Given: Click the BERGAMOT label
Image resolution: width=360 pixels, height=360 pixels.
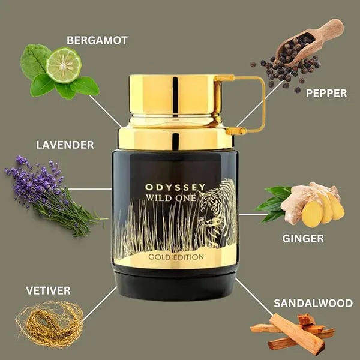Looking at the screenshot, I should pyautogui.click(x=97, y=41).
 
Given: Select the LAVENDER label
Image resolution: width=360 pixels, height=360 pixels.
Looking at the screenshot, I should pyautogui.click(x=65, y=145).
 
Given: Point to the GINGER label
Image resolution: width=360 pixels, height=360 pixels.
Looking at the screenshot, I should pyautogui.click(x=303, y=238).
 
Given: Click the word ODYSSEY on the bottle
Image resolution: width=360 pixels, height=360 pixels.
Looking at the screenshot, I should pyautogui.click(x=175, y=187).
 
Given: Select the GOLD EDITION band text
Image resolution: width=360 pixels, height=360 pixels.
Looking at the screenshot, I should pyautogui.click(x=176, y=257).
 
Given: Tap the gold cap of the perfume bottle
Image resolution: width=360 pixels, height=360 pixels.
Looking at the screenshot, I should pyautogui.click(x=174, y=96).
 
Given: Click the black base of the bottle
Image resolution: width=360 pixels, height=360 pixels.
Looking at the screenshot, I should pyautogui.click(x=175, y=285).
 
